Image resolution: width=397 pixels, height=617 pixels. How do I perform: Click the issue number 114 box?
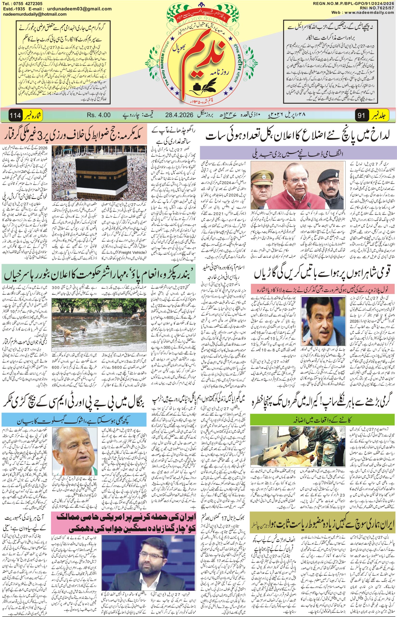(15, 115)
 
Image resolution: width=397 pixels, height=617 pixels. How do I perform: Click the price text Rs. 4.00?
(99, 115)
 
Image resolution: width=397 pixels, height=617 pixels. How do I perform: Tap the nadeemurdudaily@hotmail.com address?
(35, 14)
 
